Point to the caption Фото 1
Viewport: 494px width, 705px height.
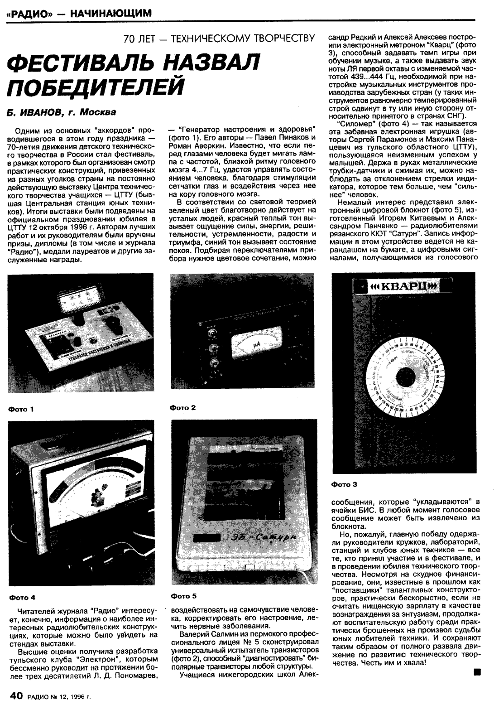tap(21, 410)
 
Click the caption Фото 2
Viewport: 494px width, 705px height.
tap(183, 408)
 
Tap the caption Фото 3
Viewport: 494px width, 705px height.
tap(344, 484)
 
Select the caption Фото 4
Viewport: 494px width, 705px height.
tap(22, 597)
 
